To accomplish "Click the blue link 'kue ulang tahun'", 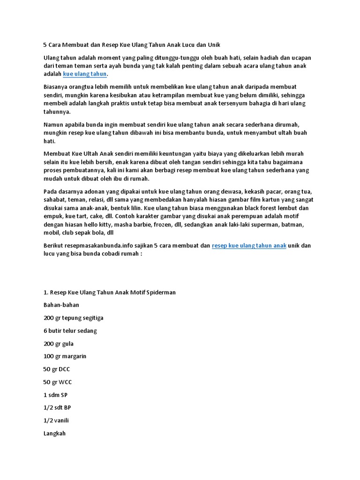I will pos(85,74).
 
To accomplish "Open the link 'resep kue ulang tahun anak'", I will pos(249,245).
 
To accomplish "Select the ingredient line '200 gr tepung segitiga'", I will pos(74,318).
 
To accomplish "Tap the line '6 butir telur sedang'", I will pos(70,330).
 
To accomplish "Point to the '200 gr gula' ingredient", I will pos(59,344).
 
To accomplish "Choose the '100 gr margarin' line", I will pos(65,356).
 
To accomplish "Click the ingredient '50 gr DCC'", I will pos(57,369).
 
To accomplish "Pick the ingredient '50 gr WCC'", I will pos(58,382).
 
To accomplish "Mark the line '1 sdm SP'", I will pos(55,395).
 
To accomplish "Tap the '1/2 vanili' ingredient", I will pos(56,420).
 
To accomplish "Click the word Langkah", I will pos(54,434).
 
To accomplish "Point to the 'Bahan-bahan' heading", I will pos(61,305).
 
